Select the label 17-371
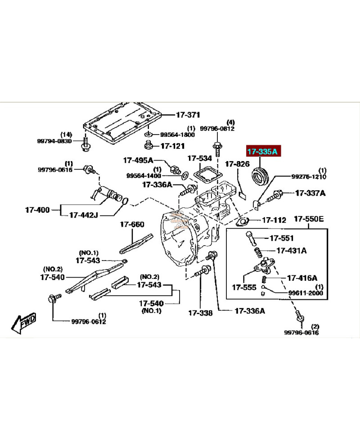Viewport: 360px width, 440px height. click(188, 115)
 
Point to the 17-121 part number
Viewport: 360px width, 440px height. click(172, 146)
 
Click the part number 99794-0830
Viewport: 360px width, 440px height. click(54, 141)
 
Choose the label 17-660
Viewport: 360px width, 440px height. click(131, 224)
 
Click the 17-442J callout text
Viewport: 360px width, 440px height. click(83, 215)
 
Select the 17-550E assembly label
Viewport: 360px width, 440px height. click(309, 220)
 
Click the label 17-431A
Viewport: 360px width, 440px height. click(291, 251)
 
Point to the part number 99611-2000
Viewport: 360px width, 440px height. click(306, 293)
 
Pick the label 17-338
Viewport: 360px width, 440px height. click(200, 313)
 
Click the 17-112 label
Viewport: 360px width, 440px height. click(274, 220)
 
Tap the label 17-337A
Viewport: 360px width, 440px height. click(310, 193)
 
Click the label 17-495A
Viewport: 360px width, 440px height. click(138, 160)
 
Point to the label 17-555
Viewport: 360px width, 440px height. click(244, 287)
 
